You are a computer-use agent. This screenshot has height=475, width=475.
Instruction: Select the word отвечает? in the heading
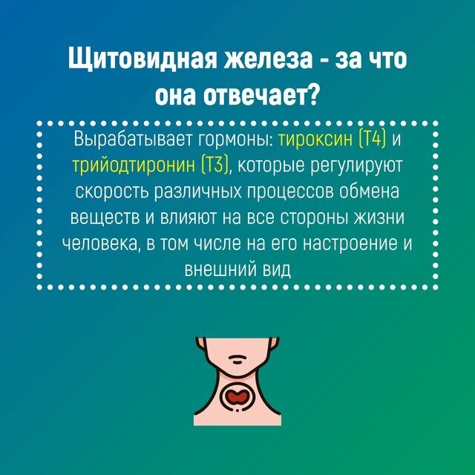(x=261, y=96)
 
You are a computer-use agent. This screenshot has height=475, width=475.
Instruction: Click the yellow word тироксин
(x=315, y=140)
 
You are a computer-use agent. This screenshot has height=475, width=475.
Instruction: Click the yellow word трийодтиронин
(x=134, y=166)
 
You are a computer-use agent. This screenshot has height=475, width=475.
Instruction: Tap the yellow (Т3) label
(x=214, y=166)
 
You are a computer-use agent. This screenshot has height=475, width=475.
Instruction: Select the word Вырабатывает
(x=133, y=140)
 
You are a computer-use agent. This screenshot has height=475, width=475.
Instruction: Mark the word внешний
(x=220, y=269)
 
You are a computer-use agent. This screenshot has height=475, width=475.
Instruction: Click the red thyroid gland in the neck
(x=237, y=396)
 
